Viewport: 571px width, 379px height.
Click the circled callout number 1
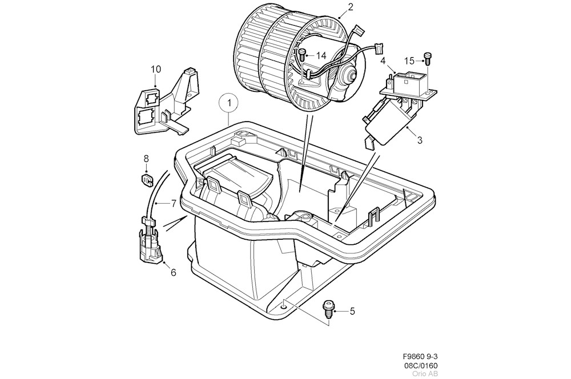[x=229, y=103]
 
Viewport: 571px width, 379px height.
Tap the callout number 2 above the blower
[x=351, y=7]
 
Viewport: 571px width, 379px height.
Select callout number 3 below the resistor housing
[x=419, y=139]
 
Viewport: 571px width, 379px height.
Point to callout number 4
[x=383, y=61]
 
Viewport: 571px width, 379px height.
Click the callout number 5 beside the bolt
[x=352, y=311]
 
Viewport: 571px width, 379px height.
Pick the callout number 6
[x=173, y=272]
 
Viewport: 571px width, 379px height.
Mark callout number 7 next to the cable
[x=174, y=203]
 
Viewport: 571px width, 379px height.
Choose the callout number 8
[x=146, y=158]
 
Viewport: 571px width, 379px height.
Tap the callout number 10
[x=156, y=70]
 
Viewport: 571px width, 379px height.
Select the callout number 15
[x=409, y=61]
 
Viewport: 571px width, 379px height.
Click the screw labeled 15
[x=427, y=57]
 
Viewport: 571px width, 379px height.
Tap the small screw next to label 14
[x=303, y=55]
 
